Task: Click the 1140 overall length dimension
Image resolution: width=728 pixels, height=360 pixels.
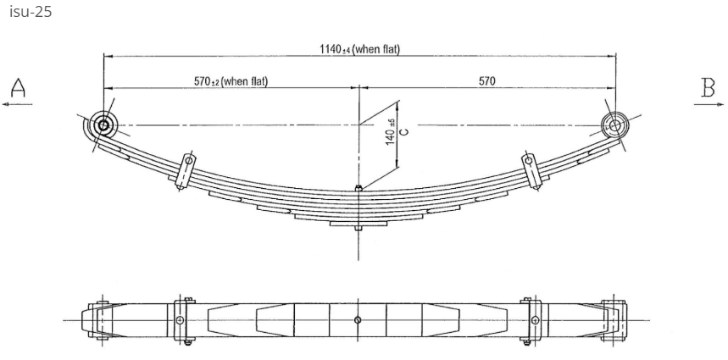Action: [x=359, y=48]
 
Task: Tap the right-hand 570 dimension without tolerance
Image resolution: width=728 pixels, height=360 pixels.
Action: [x=486, y=81]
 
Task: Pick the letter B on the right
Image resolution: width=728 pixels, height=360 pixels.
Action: [x=708, y=86]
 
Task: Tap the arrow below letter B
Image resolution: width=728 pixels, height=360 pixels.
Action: [x=708, y=103]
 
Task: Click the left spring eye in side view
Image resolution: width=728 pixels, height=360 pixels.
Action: [x=104, y=125]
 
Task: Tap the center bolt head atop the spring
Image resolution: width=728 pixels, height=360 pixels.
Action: [x=359, y=188]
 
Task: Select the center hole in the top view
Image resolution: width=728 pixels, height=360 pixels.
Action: [x=359, y=319]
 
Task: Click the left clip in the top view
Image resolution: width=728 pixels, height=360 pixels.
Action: [x=181, y=319]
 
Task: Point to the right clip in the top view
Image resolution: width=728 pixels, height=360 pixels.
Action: [x=532, y=319]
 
